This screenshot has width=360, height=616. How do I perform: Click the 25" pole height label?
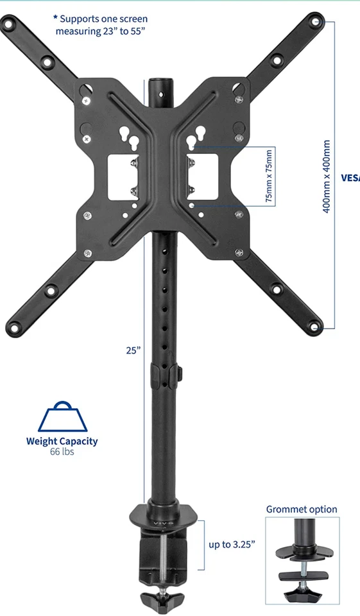click(133, 350)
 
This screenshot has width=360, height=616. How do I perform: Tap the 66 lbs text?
click(62, 452)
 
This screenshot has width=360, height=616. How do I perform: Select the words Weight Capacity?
click(62, 441)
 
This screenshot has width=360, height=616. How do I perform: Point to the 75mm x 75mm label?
click(270, 176)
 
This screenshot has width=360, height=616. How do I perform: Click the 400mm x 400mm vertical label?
click(327, 177)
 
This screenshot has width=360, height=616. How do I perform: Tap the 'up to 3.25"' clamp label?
click(232, 544)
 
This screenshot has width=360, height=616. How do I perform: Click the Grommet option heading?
click(302, 509)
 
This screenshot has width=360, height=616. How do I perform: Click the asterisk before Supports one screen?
click(55, 19)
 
